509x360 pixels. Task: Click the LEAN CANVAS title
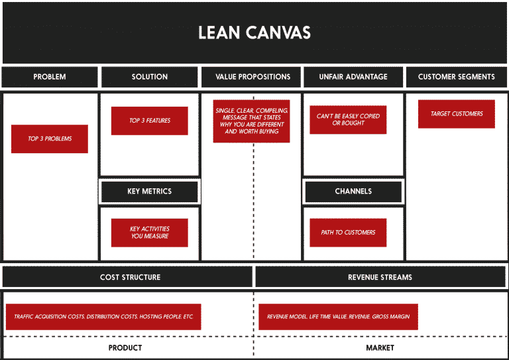[254, 32]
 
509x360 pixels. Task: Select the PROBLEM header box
[50, 77]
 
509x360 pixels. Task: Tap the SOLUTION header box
[150, 77]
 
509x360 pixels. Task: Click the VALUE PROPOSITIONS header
[253, 77]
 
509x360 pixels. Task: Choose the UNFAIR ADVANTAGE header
[353, 77]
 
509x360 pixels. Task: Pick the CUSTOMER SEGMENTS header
[456, 77]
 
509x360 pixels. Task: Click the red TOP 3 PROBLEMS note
[50, 139]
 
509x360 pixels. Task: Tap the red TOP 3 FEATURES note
[150, 121]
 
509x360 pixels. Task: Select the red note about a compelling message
[253, 121]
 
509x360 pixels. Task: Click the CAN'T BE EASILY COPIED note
[348, 120]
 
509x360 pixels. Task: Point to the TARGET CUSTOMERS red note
[457, 114]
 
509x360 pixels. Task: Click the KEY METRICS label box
[150, 192]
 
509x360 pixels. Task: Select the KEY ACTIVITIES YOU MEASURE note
[150, 233]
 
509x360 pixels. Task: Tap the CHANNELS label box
[353, 192]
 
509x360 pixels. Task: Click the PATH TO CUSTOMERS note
[348, 233]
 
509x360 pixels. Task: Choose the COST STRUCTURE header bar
[130, 277]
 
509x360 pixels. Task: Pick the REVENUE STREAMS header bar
[380, 277]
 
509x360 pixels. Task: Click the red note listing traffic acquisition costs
[103, 317]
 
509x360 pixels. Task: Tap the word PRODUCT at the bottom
[125, 348]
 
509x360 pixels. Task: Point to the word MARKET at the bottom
[380, 348]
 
